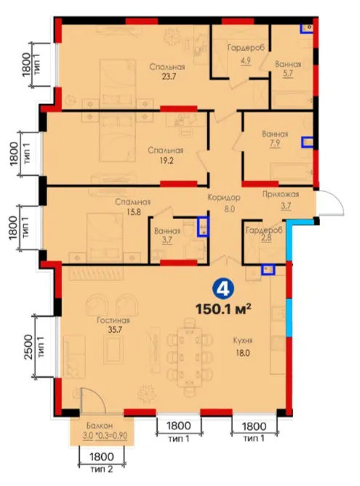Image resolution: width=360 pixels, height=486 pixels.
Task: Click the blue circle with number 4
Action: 223,289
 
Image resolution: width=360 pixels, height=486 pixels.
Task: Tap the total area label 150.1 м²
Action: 223,309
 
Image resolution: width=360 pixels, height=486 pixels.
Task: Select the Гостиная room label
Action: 113,320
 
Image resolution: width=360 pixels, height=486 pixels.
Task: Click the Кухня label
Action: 243,340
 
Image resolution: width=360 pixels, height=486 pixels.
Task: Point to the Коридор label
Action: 224,198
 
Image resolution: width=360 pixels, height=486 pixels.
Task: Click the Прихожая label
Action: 281,194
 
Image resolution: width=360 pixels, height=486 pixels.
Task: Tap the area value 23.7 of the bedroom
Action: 169,76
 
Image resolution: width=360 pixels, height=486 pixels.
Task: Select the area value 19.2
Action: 167,160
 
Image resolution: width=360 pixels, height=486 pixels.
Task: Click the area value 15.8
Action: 134,212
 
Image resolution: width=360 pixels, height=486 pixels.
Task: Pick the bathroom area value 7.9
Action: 275,144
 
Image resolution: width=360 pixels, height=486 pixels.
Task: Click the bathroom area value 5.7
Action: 288,73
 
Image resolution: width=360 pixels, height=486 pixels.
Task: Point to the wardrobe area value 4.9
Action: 246,60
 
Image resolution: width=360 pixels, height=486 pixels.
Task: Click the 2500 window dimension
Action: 28,347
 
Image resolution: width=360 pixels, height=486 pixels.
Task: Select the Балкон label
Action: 100,426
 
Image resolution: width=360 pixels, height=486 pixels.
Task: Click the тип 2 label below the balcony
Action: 102,469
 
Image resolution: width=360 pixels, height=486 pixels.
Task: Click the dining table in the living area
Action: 191,356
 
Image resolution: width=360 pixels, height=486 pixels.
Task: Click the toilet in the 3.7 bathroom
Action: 188,230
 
